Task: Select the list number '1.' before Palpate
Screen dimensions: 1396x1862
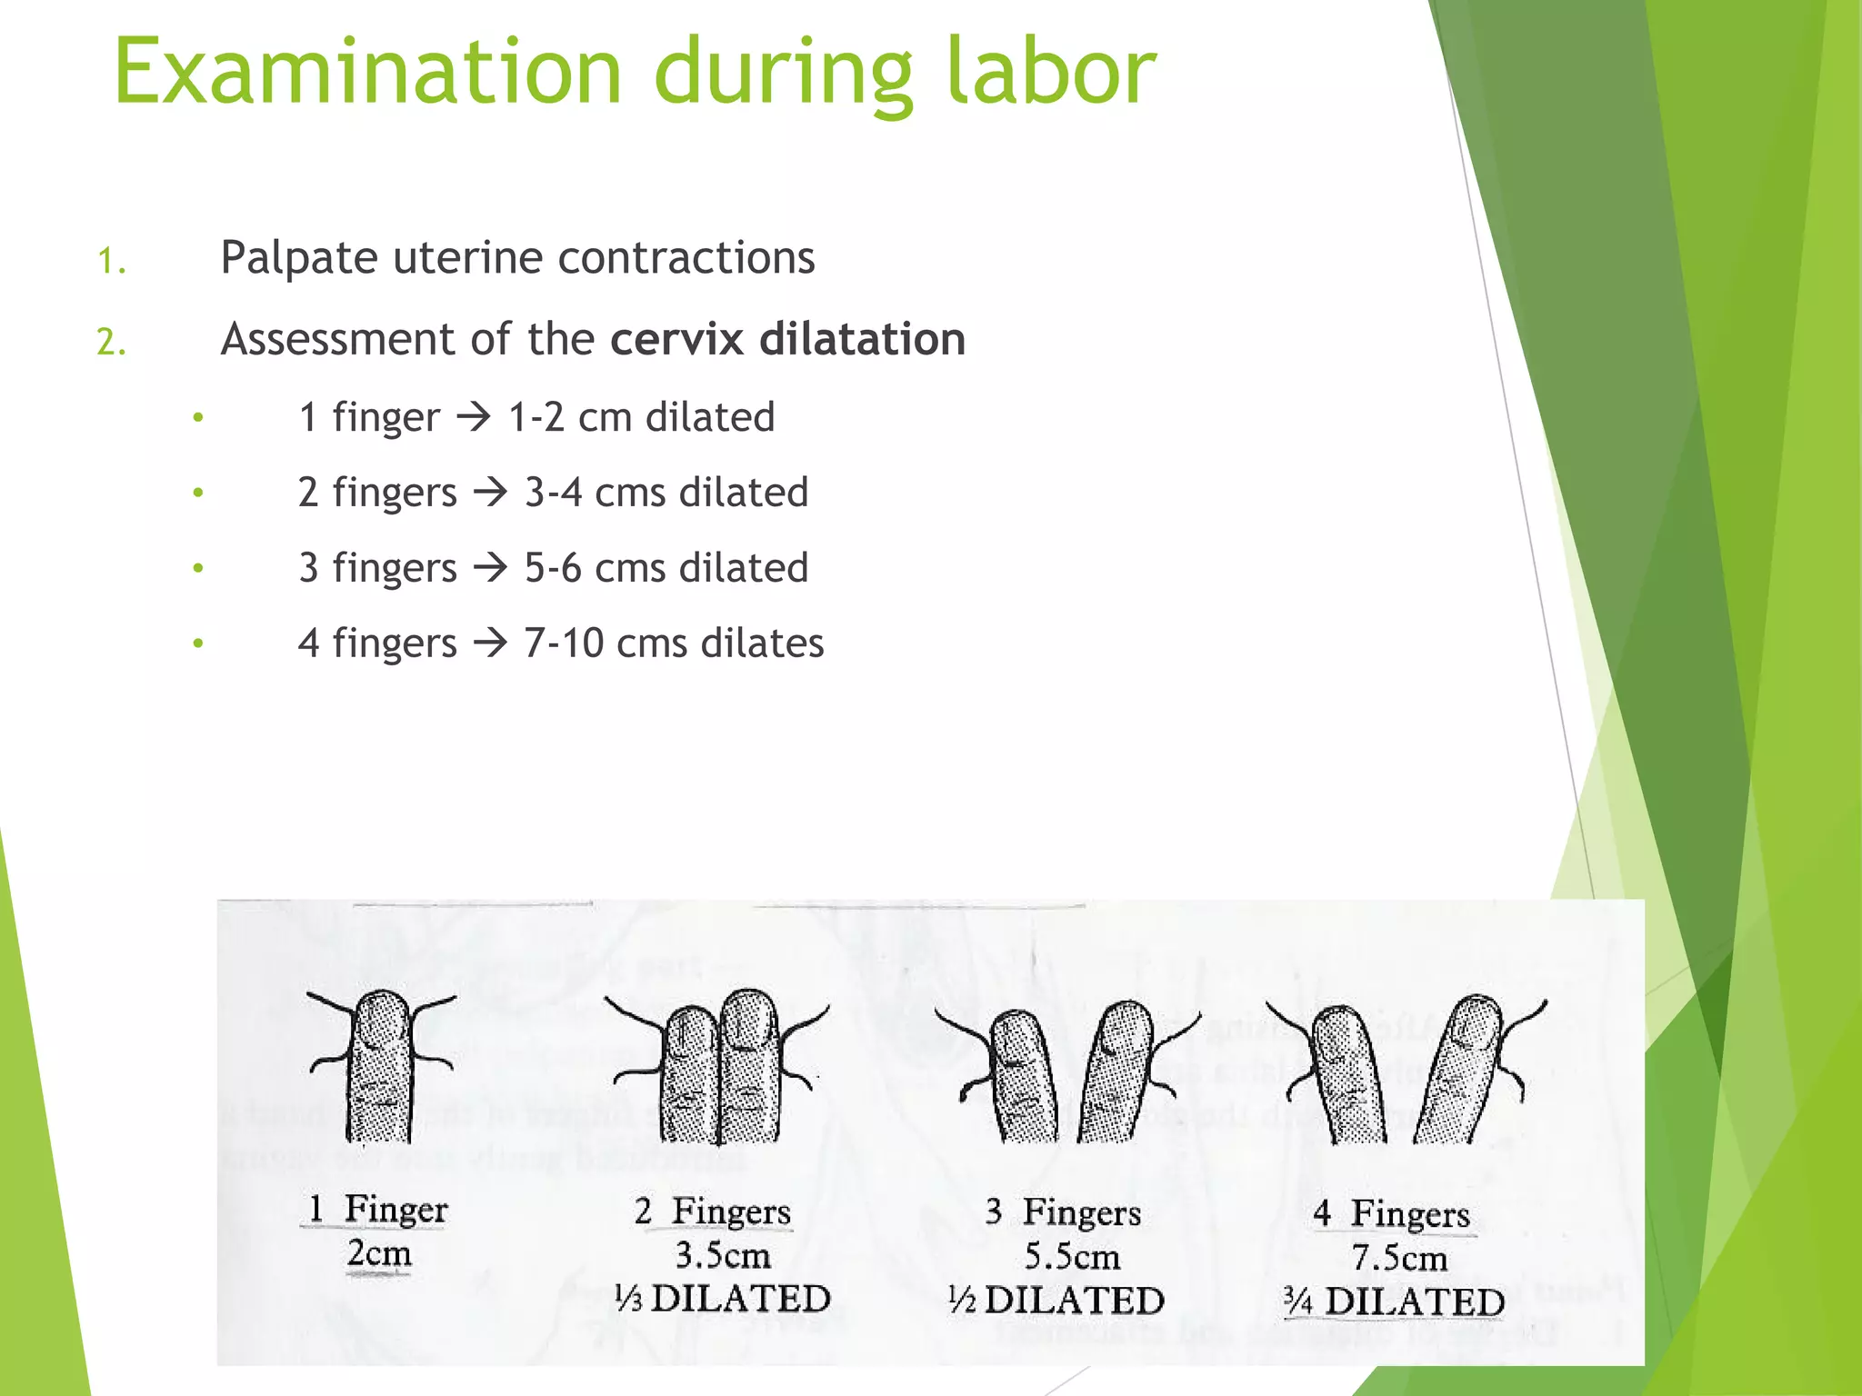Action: click(111, 262)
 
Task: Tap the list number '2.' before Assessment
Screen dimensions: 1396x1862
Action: click(111, 343)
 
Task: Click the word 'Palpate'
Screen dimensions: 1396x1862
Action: click(298, 258)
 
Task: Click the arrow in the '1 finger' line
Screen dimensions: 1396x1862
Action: click(474, 418)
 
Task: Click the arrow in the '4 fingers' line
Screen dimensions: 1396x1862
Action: click(491, 643)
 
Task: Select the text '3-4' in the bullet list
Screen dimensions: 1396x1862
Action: click(553, 493)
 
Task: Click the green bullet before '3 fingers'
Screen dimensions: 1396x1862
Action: click(198, 569)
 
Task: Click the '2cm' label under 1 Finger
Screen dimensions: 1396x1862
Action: click(379, 1254)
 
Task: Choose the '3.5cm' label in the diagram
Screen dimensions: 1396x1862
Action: click(723, 1256)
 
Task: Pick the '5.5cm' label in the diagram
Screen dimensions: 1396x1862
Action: click(1072, 1257)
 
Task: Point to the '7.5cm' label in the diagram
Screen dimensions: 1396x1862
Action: click(1399, 1259)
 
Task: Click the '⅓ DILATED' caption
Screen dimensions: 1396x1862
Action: click(723, 1299)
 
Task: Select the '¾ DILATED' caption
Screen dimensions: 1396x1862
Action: click(1394, 1301)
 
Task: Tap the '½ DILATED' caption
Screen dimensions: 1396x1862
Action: click(1056, 1301)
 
